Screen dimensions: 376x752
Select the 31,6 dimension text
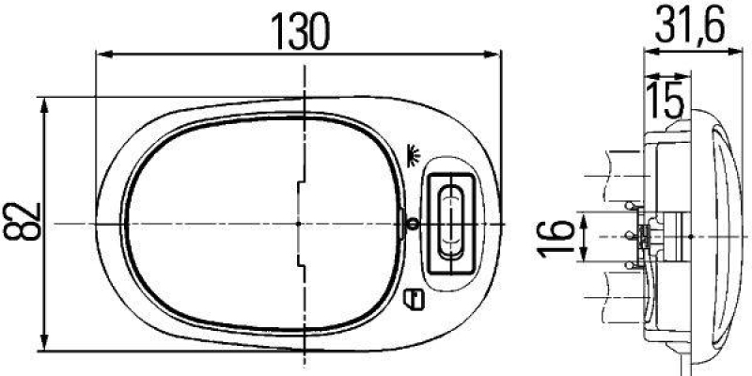(688, 29)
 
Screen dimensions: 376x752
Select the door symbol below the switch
(412, 300)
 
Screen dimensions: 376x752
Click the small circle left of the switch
(412, 224)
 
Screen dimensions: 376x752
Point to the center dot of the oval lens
(297, 224)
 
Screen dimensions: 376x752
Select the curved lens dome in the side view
(719, 235)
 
